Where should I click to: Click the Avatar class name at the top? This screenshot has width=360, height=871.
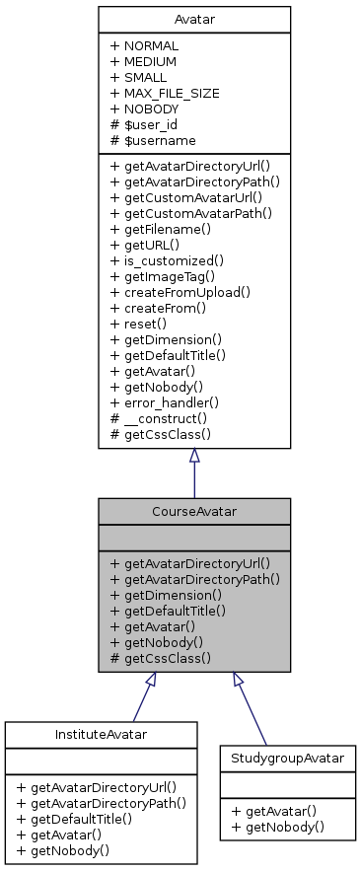pos(193,19)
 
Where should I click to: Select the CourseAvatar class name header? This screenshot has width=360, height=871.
pos(193,511)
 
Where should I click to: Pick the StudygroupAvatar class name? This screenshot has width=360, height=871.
pos(286,759)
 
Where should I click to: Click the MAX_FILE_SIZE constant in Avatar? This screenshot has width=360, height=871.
pos(165,93)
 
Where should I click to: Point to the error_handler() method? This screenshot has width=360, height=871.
pos(170,402)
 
